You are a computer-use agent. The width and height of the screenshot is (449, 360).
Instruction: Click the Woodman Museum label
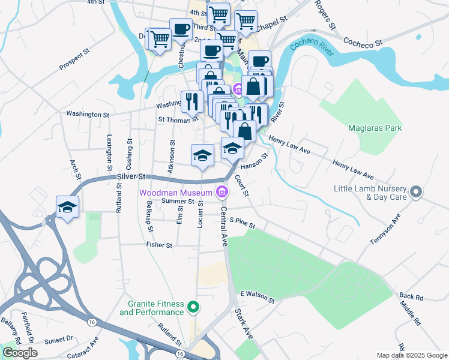point(176,193)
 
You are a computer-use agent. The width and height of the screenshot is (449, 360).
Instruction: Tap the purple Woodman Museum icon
point(221,192)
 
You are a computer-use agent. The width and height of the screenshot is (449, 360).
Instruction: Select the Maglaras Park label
point(375,128)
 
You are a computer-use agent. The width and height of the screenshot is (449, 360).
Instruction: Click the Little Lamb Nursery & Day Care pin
point(415,193)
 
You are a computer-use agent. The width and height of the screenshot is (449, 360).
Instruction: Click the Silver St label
point(131,176)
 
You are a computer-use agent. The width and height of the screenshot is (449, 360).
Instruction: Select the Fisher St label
point(159,245)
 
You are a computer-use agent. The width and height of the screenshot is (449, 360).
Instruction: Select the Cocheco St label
point(363,43)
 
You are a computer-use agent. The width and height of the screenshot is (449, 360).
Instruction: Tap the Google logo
point(20,353)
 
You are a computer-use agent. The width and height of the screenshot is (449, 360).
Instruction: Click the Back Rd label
point(411,296)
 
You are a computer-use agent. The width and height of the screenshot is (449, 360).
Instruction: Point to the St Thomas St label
point(178,119)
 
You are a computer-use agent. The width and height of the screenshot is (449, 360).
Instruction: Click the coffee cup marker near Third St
point(181,29)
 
